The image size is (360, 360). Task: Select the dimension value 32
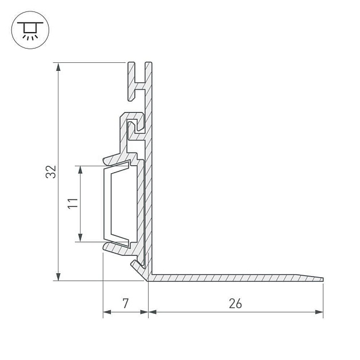[52, 171]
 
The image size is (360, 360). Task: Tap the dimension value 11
[72, 203]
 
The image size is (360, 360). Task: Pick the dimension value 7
[126, 303]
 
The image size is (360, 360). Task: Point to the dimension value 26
[235, 303]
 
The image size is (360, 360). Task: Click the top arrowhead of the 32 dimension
[58, 66]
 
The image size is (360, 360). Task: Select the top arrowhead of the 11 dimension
[81, 170]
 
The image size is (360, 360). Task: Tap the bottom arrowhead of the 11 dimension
[81, 237]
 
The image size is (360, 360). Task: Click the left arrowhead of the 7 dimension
[107, 313]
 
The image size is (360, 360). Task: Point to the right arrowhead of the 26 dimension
[319, 313]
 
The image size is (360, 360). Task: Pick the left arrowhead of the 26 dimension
[153, 313]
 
